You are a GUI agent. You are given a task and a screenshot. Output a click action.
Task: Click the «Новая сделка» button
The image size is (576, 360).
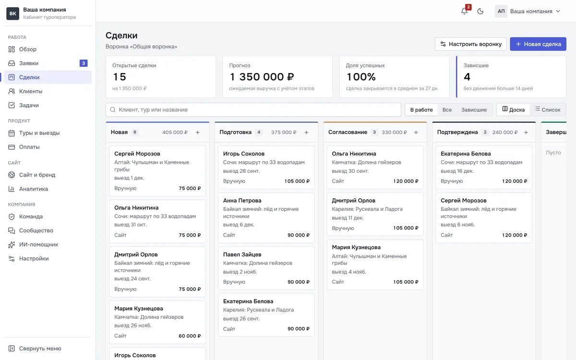(538, 44)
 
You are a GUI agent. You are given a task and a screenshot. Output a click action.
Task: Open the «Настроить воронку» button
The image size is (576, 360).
(470, 44)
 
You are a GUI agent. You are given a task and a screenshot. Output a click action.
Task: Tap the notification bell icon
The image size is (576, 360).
(464, 12)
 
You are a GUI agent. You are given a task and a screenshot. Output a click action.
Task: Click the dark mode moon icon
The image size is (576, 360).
(480, 12)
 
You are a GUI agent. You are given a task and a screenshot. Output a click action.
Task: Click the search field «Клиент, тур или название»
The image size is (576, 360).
(253, 110)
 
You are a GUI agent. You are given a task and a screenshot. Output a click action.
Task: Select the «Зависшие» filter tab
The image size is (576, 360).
(474, 110)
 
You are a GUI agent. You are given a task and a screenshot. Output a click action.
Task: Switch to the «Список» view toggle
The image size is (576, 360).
(548, 109)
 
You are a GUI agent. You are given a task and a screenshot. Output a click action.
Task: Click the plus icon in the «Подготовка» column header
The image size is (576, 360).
(306, 132)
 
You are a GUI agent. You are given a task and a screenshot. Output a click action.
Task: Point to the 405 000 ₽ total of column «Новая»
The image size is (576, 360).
(175, 132)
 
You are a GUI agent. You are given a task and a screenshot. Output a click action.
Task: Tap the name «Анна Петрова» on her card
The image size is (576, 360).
(242, 200)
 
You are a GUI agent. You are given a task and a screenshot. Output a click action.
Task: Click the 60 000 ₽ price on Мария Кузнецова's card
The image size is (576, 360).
(190, 336)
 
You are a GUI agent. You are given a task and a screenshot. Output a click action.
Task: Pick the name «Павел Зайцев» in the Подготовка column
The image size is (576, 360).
(242, 254)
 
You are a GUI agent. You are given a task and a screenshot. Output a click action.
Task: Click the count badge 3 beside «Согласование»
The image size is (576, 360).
(374, 132)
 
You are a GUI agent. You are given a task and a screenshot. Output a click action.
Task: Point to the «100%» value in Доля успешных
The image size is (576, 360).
(361, 77)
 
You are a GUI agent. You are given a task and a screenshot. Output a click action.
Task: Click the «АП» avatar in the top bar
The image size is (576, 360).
(501, 12)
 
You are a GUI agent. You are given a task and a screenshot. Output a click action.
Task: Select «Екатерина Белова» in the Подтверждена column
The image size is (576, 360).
(466, 154)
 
